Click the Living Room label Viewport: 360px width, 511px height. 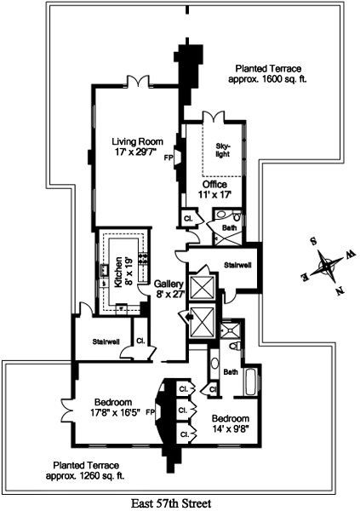point(138,146)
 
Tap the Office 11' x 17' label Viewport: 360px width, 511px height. point(214,189)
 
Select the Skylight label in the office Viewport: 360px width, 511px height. point(222,150)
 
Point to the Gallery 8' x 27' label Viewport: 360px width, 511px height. point(169,289)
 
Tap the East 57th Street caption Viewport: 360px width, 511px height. point(171,503)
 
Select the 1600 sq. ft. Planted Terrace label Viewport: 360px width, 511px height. point(268,74)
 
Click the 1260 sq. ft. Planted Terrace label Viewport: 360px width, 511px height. point(85,470)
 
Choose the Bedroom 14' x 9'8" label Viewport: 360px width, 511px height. point(231,423)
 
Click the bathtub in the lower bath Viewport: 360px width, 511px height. point(252,382)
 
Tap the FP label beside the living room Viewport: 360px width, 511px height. point(169,158)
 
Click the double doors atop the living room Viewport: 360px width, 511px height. point(139,81)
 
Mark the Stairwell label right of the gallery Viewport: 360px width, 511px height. point(237,265)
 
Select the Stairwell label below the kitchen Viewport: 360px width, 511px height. point(106,342)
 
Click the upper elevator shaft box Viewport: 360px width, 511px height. point(202,288)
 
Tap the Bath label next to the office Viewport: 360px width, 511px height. point(229,227)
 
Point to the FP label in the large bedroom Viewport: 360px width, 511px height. point(151,411)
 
